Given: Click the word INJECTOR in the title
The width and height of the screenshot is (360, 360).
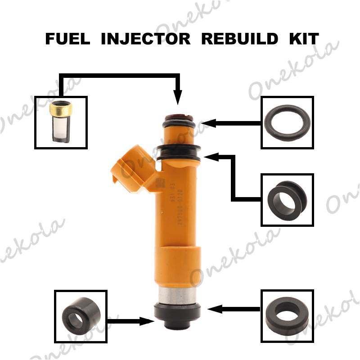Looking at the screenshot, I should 145,39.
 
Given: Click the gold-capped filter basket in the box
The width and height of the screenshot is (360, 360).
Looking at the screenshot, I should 60,122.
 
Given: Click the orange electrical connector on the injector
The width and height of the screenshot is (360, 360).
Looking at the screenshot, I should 128,169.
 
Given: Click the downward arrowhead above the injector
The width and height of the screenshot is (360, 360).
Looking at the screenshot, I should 178,98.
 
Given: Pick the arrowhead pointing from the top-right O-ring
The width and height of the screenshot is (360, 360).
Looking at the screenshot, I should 206,122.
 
